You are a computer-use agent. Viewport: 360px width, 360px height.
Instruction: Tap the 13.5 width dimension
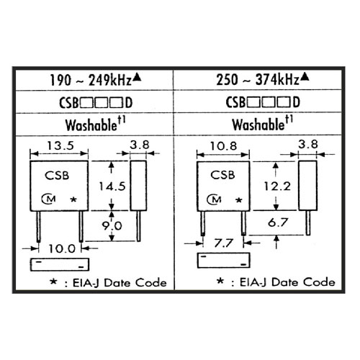click(x=60, y=145)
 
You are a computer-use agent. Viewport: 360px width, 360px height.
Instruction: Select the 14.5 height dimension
click(x=112, y=186)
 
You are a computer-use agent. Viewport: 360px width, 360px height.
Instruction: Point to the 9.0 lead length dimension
click(x=112, y=225)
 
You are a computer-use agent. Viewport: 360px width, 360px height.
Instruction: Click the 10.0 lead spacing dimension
click(x=62, y=249)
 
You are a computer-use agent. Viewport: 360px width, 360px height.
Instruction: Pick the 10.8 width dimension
click(x=223, y=146)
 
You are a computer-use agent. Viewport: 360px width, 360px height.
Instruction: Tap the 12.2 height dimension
click(x=277, y=186)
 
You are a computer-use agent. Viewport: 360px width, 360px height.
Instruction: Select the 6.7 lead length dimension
click(x=278, y=222)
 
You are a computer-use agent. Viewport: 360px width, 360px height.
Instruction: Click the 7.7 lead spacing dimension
click(x=224, y=243)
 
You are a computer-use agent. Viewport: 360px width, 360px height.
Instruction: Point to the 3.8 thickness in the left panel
click(x=140, y=145)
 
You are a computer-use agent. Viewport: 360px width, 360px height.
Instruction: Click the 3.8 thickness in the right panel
click(x=308, y=144)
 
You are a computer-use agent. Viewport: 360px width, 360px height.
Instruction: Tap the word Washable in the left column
click(x=91, y=125)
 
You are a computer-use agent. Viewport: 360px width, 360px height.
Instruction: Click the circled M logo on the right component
click(x=214, y=199)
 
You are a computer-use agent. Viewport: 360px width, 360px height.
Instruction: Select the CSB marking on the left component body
click(x=57, y=176)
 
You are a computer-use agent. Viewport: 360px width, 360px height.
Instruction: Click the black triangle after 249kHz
click(x=137, y=77)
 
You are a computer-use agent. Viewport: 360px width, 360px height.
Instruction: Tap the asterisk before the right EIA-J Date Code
click(x=220, y=281)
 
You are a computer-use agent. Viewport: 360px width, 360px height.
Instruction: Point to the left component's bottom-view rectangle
click(x=60, y=264)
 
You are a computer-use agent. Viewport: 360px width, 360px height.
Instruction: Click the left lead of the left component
click(x=39, y=227)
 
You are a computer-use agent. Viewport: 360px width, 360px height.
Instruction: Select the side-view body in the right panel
click(x=307, y=186)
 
